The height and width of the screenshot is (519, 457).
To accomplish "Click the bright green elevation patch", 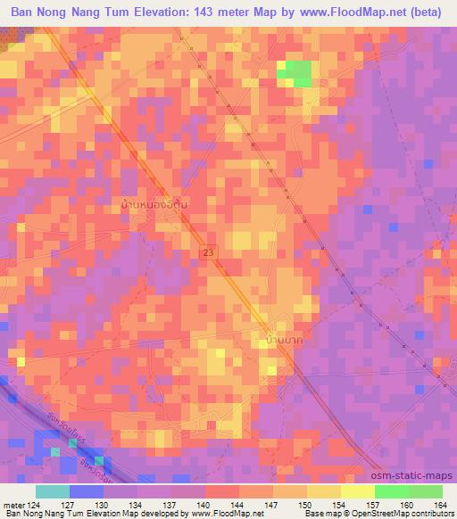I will (x=297, y=74).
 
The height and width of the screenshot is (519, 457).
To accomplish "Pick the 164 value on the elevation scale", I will (x=439, y=504).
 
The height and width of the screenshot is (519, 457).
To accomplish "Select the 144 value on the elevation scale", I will (x=237, y=504).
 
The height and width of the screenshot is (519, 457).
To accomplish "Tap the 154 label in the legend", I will (x=339, y=504).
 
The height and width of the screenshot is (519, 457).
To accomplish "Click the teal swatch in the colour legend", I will (x=53, y=491).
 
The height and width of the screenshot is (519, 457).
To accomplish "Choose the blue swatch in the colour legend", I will (x=87, y=491).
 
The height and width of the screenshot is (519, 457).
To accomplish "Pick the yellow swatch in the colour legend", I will (x=358, y=491).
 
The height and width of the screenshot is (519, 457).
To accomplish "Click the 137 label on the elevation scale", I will (x=170, y=504).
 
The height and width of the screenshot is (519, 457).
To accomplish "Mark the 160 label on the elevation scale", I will (x=407, y=504).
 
